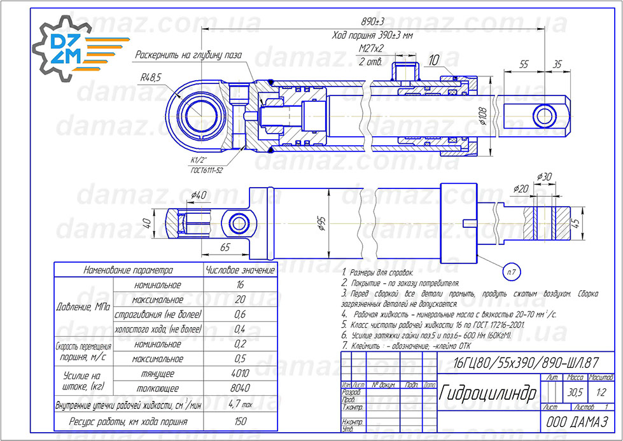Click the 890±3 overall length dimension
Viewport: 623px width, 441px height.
coord(381,22)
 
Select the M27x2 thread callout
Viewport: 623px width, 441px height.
coord(372,48)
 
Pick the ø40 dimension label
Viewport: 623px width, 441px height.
coord(199,194)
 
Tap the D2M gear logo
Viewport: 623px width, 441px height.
coord(66,49)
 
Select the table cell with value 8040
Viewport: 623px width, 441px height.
coord(240,388)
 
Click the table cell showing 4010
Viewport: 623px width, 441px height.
coord(240,374)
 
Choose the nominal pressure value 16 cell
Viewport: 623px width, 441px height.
coord(240,285)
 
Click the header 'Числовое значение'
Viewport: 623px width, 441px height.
coord(240,270)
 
